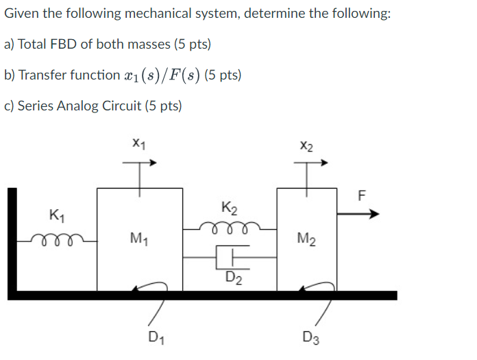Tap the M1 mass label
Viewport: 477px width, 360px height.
tap(138, 239)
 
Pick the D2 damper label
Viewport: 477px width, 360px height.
tap(234, 278)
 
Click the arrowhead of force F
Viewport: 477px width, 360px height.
tap(374, 214)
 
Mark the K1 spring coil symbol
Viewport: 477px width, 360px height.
tap(57, 237)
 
